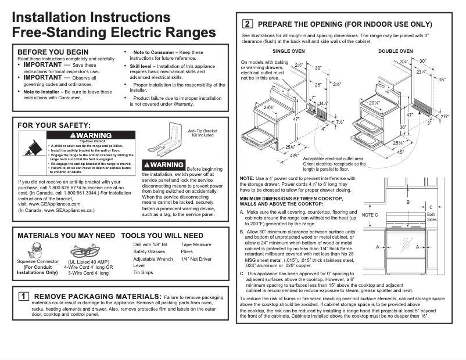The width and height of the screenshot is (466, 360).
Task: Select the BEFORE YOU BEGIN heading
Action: point(53,52)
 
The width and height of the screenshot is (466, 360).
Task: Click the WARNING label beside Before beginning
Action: point(164,165)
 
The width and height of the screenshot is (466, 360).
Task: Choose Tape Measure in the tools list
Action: point(196,245)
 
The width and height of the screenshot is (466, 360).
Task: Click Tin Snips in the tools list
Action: point(143,272)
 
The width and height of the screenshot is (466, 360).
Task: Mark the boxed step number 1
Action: point(24,296)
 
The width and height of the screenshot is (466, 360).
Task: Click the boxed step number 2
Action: point(247,24)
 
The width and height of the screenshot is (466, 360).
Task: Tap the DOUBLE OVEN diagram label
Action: point(396,52)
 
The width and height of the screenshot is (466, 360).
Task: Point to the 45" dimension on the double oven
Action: point(400,152)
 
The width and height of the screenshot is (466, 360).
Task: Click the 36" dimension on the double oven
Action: point(402,127)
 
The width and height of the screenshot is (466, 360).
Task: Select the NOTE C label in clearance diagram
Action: point(370,215)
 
